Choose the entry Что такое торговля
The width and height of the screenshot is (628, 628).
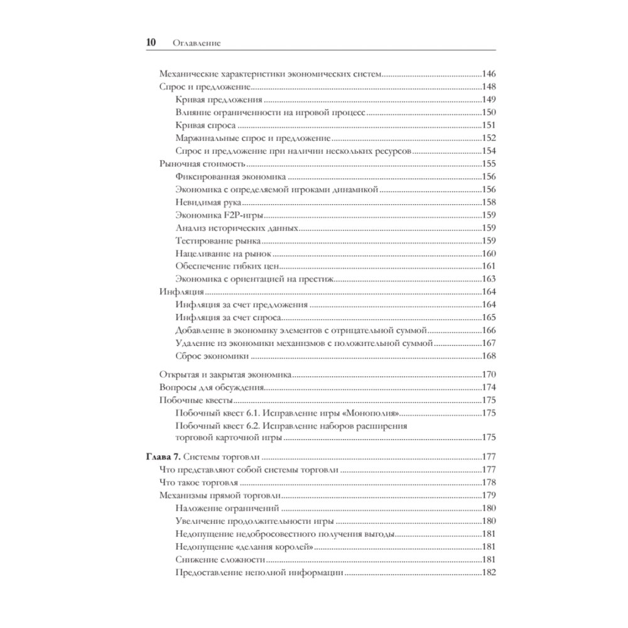[x=199, y=483]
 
